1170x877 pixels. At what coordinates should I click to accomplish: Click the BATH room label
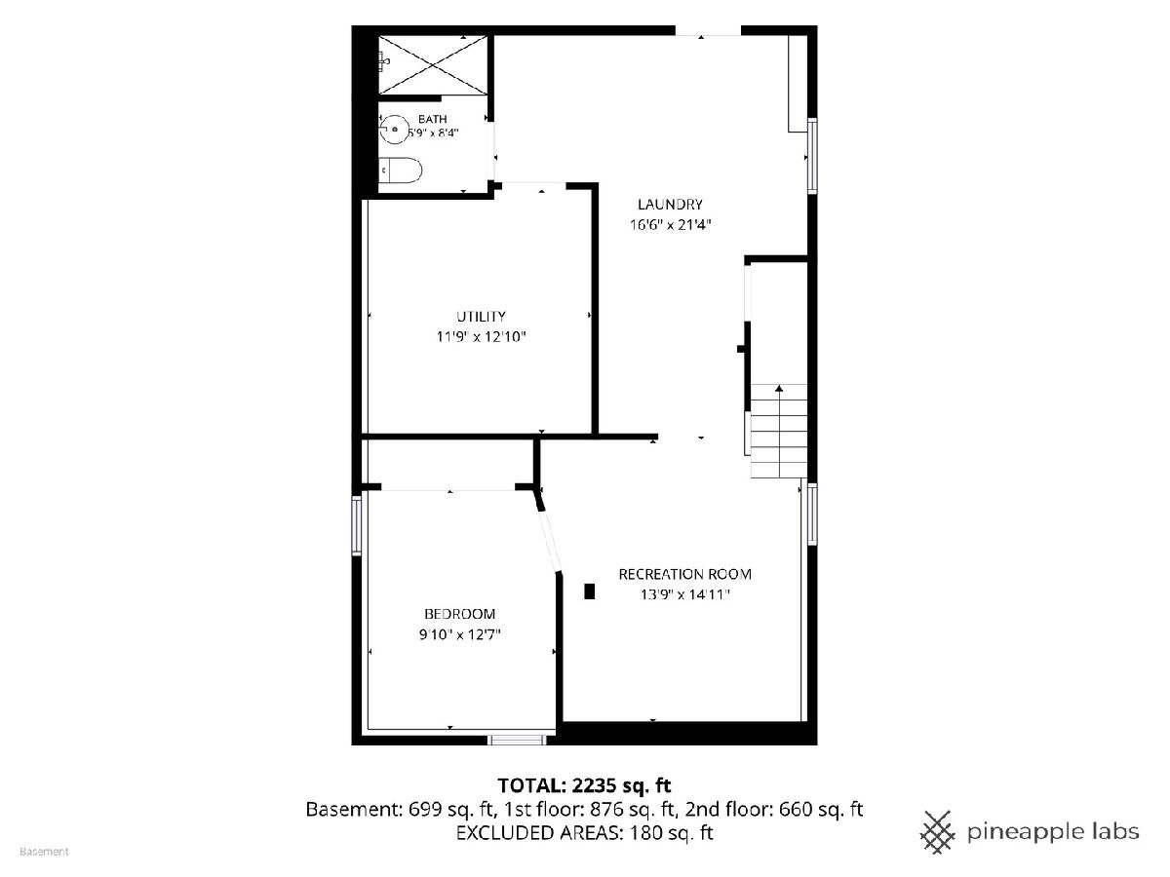pyautogui.click(x=432, y=119)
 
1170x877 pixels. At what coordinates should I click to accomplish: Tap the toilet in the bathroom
pyautogui.click(x=401, y=171)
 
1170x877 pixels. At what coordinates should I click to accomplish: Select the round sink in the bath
pyautogui.click(x=395, y=130)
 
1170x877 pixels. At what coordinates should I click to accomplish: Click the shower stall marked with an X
pyautogui.click(x=433, y=65)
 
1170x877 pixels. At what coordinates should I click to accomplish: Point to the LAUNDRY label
pyautogui.click(x=670, y=204)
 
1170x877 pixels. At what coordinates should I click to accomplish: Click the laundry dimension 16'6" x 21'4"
pyautogui.click(x=670, y=225)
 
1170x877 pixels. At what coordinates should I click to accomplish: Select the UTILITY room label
pyautogui.click(x=481, y=317)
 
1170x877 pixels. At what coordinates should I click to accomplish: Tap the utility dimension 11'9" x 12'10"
pyautogui.click(x=481, y=336)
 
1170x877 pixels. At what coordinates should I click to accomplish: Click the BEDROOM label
pyautogui.click(x=459, y=614)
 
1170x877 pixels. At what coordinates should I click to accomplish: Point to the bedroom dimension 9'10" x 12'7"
pyautogui.click(x=459, y=634)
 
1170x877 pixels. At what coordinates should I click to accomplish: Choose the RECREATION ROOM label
pyautogui.click(x=685, y=574)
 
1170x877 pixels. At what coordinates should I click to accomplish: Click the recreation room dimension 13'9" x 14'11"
pyautogui.click(x=685, y=594)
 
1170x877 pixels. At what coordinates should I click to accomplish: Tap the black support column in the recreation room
pyautogui.click(x=589, y=591)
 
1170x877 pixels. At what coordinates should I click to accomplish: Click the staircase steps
pyautogui.click(x=779, y=432)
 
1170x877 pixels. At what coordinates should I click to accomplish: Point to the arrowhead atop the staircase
pyautogui.click(x=779, y=388)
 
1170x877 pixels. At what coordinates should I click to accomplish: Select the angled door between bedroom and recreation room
pyautogui.click(x=550, y=542)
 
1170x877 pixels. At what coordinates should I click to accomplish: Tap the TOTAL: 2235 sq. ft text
pyautogui.click(x=584, y=785)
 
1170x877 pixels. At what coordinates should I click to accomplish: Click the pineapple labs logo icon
pyautogui.click(x=938, y=832)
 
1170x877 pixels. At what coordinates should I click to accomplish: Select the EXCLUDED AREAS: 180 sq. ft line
pyautogui.click(x=584, y=832)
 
